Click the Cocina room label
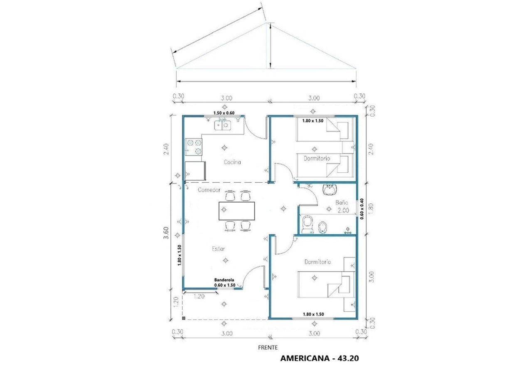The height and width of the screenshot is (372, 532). [x=232, y=162]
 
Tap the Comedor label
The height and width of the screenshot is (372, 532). [x=209, y=190]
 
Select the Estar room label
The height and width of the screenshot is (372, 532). [x=218, y=249]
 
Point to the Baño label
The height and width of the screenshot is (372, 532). [x=342, y=202]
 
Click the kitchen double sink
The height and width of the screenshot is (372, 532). [x=222, y=125]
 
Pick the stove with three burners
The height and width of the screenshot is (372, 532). [x=194, y=147]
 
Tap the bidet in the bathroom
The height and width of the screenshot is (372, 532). [x=322, y=227]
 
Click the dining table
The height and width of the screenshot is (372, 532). [x=236, y=211]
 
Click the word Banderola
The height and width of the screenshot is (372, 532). [x=224, y=280]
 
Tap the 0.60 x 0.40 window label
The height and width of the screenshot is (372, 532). [x=362, y=209]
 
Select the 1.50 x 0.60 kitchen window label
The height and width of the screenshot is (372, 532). [x=224, y=113]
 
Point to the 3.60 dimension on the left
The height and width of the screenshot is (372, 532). [x=166, y=233]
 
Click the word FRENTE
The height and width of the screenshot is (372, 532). [x=268, y=348]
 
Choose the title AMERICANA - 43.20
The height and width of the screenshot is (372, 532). [x=320, y=358]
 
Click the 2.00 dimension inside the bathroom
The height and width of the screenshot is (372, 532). [x=343, y=210]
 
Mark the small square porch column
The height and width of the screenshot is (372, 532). [x=184, y=318]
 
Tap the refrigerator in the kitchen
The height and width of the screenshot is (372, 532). [x=195, y=171]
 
